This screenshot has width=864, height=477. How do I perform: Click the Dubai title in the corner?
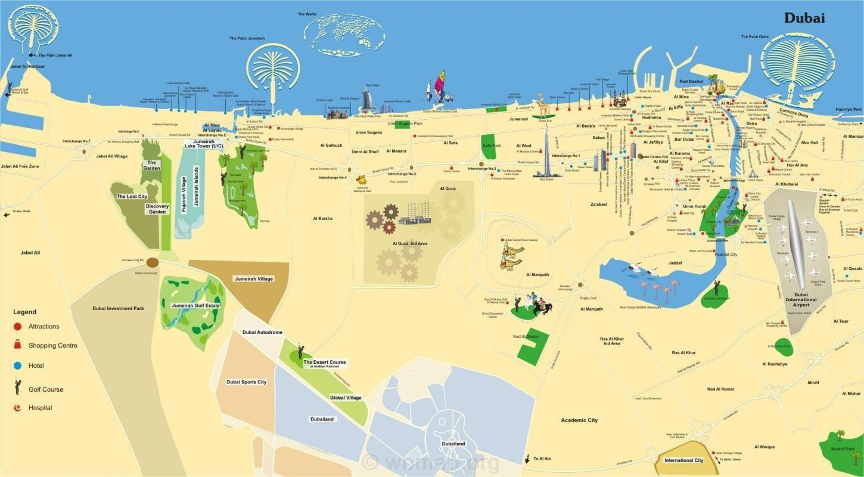coord(804,18)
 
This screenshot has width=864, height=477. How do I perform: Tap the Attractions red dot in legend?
coord(18,326)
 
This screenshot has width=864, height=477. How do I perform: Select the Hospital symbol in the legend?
coord(17,408)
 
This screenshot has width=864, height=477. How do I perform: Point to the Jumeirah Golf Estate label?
coord(195,305)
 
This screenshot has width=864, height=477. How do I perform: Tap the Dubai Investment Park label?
coord(118,308)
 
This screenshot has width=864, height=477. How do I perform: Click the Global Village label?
coord(346,398)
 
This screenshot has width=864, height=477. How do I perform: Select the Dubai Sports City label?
coord(246,382)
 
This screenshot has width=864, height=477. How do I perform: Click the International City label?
coord(683,460)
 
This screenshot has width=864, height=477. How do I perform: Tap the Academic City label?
coord(579,420)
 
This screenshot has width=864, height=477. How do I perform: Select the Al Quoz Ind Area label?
coord(409,243)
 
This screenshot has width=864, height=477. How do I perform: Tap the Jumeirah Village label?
coord(254,278)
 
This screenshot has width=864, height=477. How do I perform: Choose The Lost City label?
coord(132,196)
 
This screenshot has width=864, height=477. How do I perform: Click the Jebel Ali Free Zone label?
coord(20,166)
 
